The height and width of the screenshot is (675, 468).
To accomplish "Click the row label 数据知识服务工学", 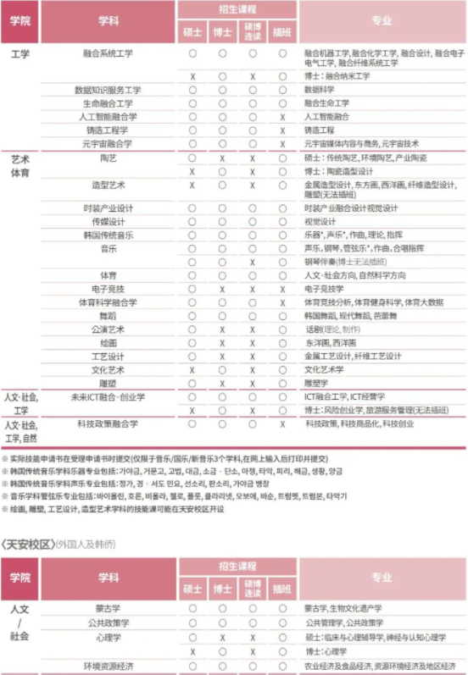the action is (x=108, y=90).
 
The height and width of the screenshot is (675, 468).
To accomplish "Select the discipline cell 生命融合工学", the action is (x=108, y=103).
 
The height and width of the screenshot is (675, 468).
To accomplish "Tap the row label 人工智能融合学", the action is (x=108, y=117).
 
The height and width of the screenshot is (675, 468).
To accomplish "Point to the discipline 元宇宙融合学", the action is (x=108, y=144).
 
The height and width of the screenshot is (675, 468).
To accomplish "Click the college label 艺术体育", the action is (x=19, y=165).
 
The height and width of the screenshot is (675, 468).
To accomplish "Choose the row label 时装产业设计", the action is (x=108, y=208).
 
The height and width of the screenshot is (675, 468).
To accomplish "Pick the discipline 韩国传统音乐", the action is (x=108, y=235).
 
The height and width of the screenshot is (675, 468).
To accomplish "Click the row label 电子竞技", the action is (x=108, y=290).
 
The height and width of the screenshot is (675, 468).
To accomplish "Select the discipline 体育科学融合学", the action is (x=108, y=302).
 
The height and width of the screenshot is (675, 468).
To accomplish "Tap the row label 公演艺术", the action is (x=108, y=329).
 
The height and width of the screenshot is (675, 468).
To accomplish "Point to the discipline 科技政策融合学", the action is (x=108, y=423).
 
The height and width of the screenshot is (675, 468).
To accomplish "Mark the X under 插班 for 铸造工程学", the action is (x=281, y=130).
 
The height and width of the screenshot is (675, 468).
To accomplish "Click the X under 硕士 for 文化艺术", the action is (x=192, y=370).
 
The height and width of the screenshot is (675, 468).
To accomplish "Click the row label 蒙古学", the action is (x=108, y=608).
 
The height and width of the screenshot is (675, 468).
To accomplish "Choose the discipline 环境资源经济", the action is (x=108, y=665).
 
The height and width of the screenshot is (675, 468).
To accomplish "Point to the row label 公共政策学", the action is (x=108, y=622).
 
